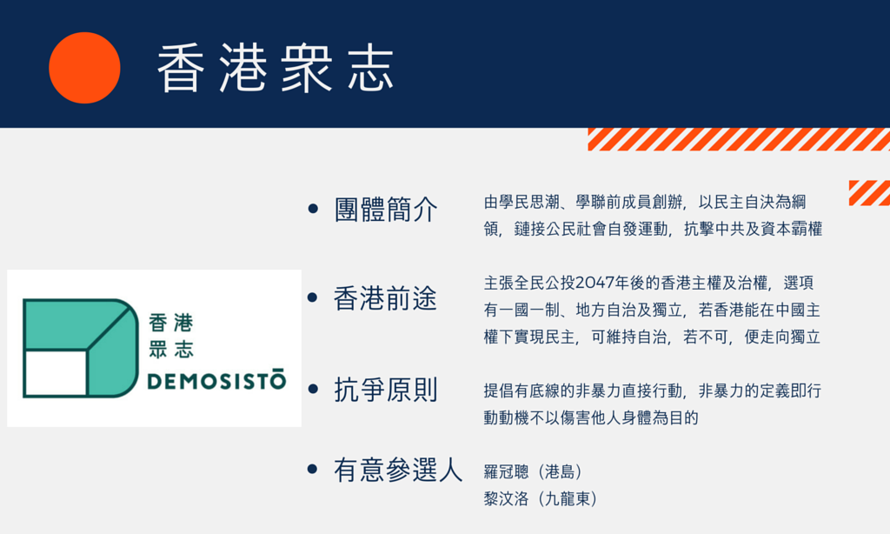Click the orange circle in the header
[84, 68]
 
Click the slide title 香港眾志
[276, 68]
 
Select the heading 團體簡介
[386, 209]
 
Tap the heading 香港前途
[385, 298]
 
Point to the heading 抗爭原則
[386, 390]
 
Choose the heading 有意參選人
[398, 471]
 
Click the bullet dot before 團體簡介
[313, 209]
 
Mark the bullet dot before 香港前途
[312, 297]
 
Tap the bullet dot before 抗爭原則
[313, 389]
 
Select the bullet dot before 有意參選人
[312, 470]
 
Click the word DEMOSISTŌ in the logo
[216, 380]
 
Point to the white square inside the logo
[56, 372]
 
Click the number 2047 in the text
[594, 283]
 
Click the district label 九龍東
[568, 499]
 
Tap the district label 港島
[561, 471]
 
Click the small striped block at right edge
[869, 193]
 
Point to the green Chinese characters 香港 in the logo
[171, 324]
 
